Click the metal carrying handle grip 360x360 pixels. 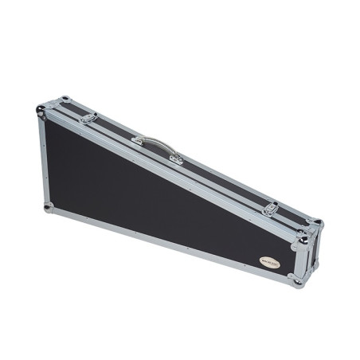[x=157, y=144]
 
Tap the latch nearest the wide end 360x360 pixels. [x=88, y=118]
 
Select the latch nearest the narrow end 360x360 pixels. [x=271, y=209]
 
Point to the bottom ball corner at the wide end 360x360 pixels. [x=49, y=208]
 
